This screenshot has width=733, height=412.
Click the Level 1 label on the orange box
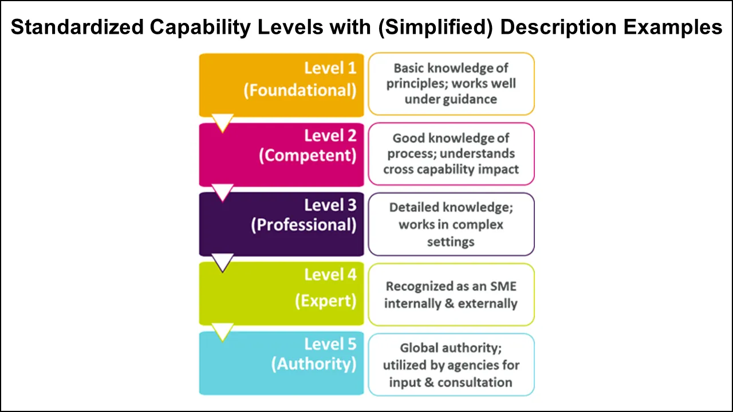coord(330,68)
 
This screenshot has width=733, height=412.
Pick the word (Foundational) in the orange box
coord(299,90)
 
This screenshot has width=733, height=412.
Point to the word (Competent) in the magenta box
coord(308,156)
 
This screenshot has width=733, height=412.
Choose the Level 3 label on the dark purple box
coord(330,205)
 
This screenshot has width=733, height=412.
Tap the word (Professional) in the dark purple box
coord(304,225)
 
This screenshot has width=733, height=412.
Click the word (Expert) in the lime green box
coord(325,301)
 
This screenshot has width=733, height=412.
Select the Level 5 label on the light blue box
coord(330,344)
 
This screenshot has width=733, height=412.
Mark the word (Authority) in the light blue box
coord(313,364)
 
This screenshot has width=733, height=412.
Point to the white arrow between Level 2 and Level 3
coord(222,192)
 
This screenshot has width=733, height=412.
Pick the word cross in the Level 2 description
coord(399,169)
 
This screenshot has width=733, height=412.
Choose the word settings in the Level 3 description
coord(451,241)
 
